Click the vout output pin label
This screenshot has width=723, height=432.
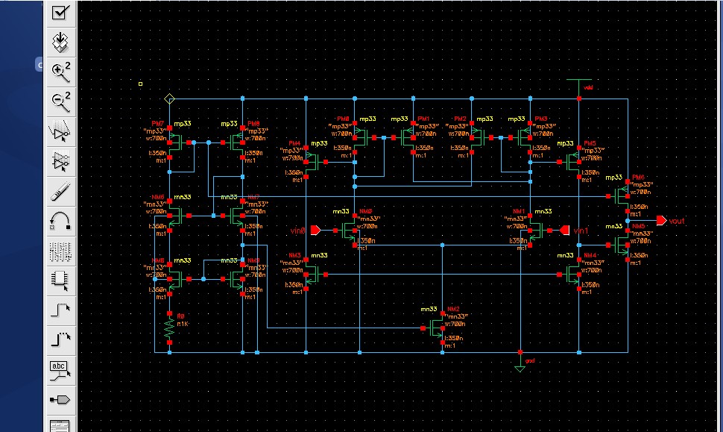click(x=677, y=222)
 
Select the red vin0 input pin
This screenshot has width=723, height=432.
click(x=315, y=230)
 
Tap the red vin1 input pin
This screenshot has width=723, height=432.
click(x=564, y=230)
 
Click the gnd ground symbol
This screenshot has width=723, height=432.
click(x=520, y=366)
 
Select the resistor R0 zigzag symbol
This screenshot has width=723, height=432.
click(x=170, y=327)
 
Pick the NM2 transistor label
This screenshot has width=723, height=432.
click(x=452, y=310)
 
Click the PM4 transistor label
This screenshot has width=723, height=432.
click(x=294, y=143)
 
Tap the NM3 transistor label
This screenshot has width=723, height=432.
click(x=294, y=256)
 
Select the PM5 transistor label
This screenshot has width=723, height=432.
click(x=590, y=143)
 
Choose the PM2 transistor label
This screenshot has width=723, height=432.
click(x=461, y=119)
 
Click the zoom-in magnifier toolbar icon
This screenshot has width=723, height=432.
click(x=60, y=72)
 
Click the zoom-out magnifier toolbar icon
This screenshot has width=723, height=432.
click(x=60, y=101)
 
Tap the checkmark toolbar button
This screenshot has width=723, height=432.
click(x=60, y=11)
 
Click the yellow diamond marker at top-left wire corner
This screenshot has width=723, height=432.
click(x=170, y=98)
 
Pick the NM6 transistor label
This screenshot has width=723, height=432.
click(x=157, y=197)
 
